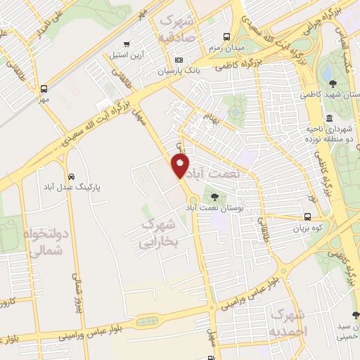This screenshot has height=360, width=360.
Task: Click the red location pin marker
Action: click(x=181, y=166)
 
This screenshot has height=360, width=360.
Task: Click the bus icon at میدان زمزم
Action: click(x=226, y=37)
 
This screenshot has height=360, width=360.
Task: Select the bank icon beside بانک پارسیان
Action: click(x=179, y=60)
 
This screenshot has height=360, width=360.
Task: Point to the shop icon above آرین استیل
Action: click(x=126, y=44)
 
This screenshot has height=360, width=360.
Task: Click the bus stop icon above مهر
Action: click(x=44, y=89)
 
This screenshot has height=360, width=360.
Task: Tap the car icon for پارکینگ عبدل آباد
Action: click(x=71, y=176)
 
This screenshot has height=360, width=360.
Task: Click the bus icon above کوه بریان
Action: click(x=309, y=217)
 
